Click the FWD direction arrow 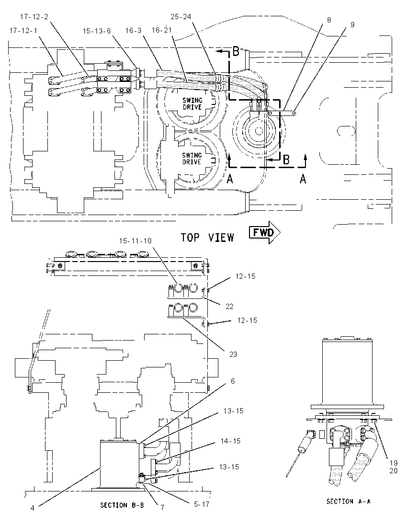(264, 232)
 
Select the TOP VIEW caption (207, 238)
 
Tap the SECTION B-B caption (122, 505)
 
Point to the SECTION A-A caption (348, 501)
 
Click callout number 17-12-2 (34, 16)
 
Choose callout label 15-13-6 (97, 31)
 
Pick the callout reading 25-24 (181, 16)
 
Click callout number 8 (328, 20)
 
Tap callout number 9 (352, 24)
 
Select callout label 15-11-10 (135, 241)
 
